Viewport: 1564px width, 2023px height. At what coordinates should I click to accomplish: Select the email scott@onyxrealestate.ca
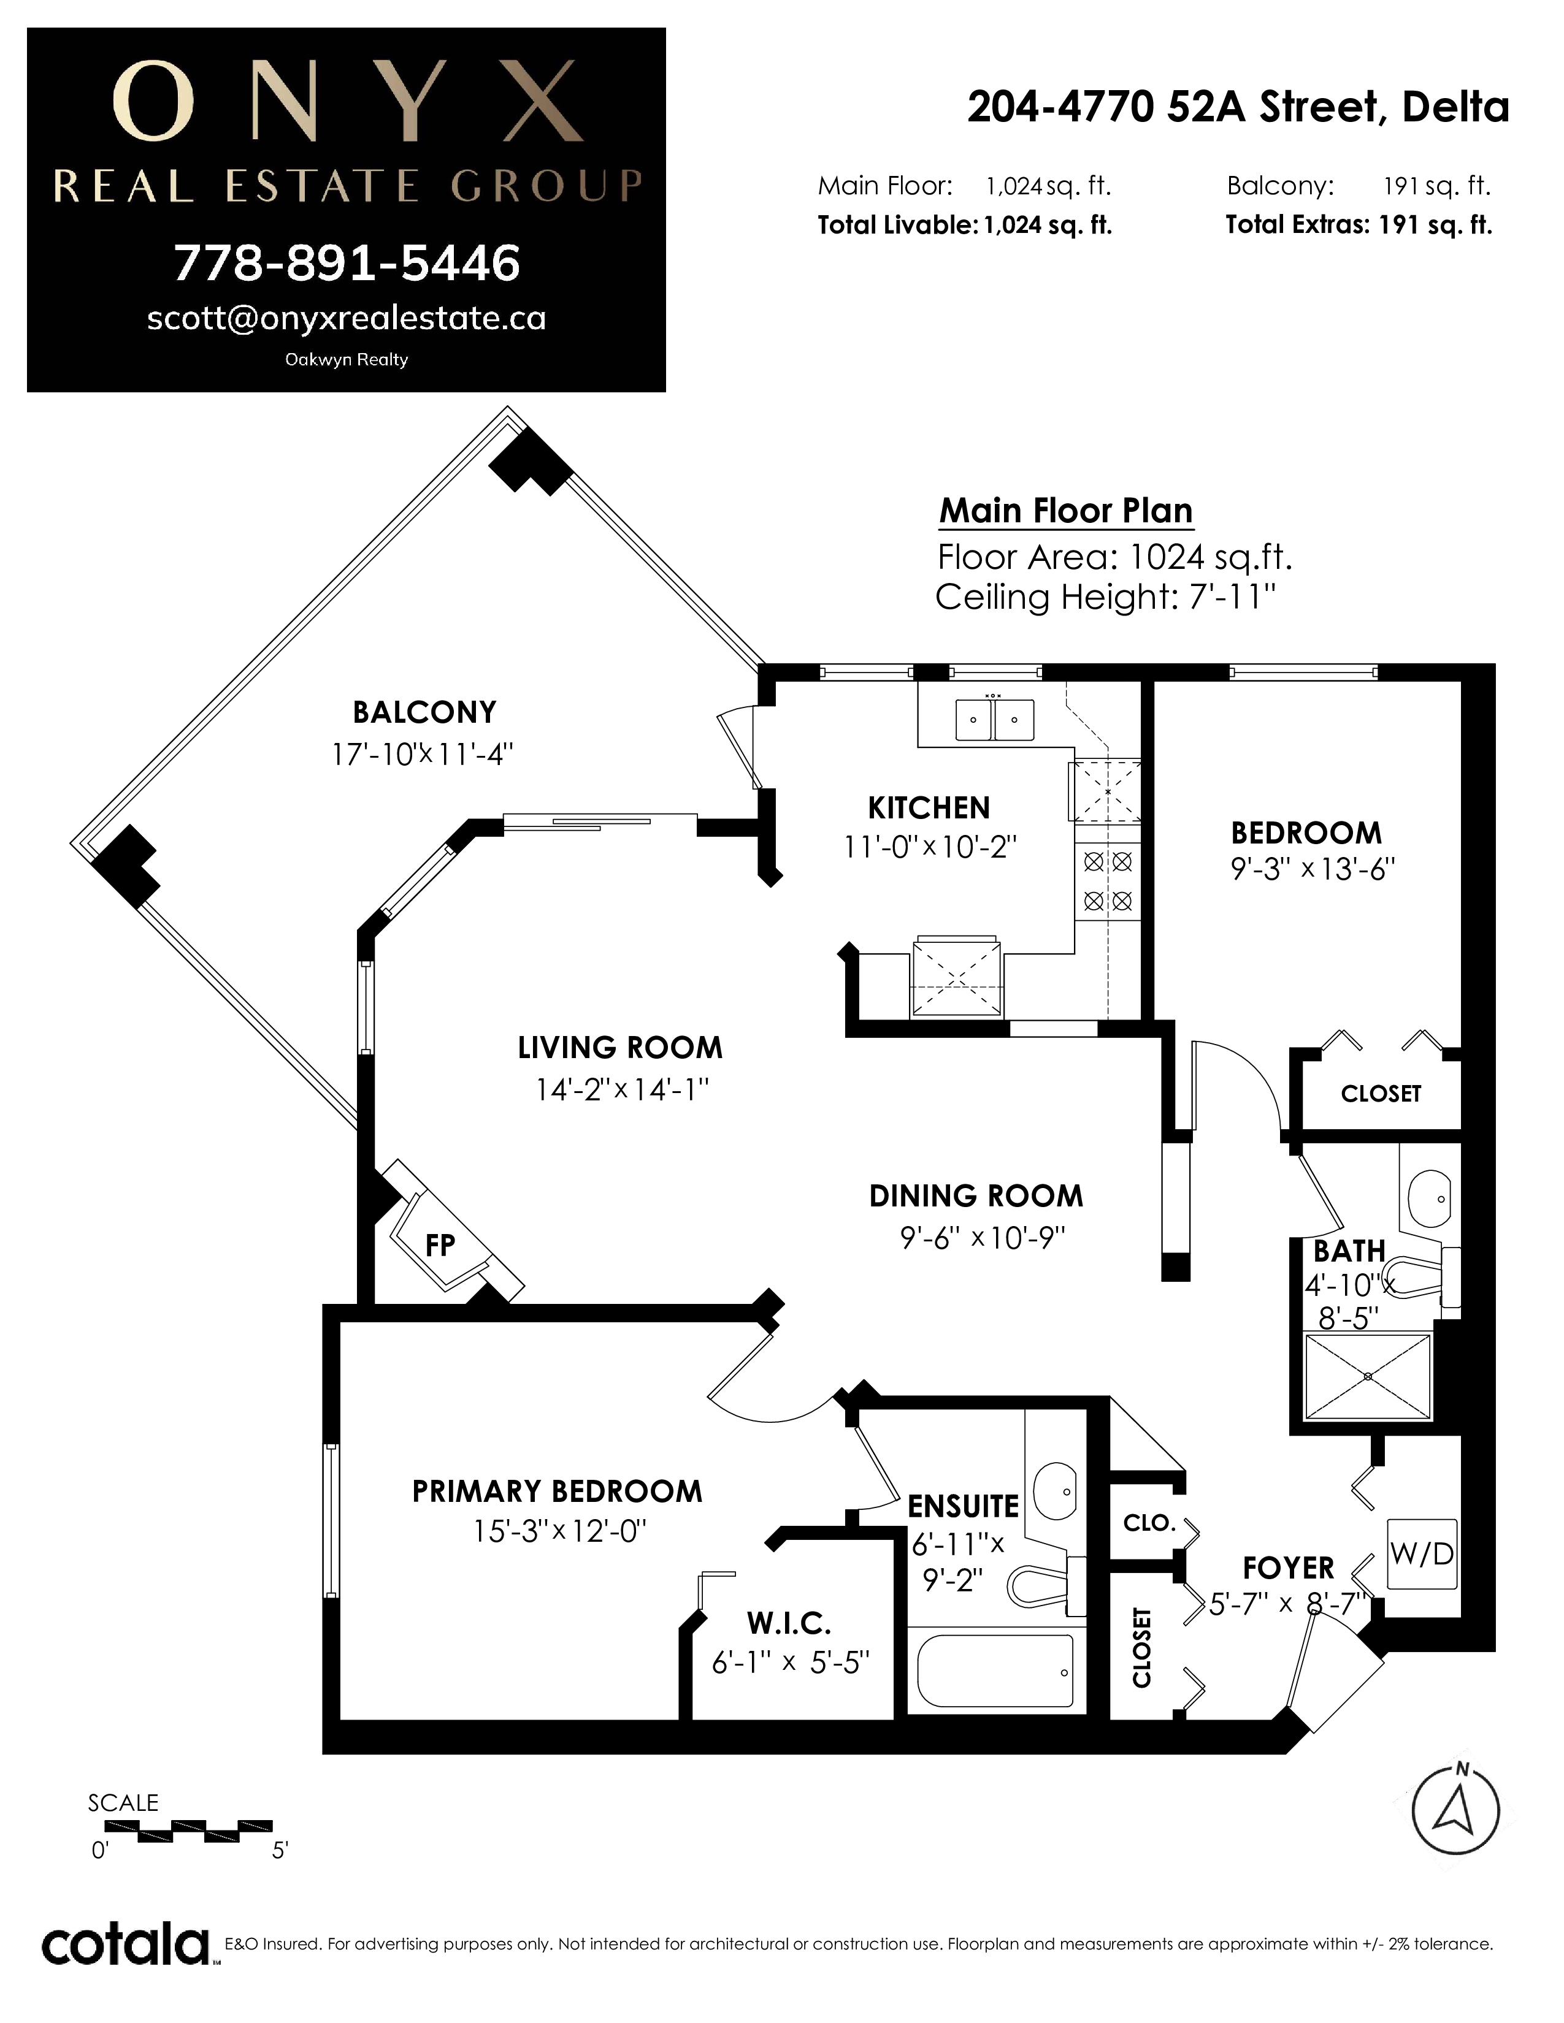coord(347,319)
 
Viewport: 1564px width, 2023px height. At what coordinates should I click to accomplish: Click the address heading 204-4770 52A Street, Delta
coord(1238,107)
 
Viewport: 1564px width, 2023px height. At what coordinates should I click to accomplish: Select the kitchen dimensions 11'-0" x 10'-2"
coord(930,847)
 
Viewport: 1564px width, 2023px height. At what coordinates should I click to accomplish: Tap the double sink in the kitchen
coord(994,720)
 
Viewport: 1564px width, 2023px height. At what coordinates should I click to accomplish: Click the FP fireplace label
coord(440,1246)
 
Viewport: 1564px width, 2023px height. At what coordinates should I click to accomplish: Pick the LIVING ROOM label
coord(620,1048)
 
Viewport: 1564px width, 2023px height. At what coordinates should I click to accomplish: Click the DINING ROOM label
coord(976,1196)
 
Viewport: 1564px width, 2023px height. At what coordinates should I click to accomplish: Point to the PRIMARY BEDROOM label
coord(557,1492)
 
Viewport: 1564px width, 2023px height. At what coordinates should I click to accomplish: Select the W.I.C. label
coord(789,1623)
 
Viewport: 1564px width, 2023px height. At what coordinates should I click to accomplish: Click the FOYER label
coord(1288,1568)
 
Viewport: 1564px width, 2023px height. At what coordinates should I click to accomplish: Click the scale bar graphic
coord(188,1831)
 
